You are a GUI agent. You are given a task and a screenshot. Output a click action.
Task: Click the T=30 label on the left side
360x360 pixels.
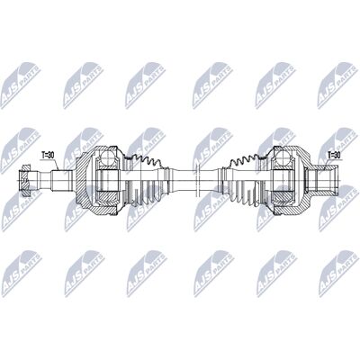pos(48,155)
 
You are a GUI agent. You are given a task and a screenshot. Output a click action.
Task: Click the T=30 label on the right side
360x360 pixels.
pos(335,155)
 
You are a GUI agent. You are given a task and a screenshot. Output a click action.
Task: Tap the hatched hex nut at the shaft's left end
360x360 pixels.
pos(24,180)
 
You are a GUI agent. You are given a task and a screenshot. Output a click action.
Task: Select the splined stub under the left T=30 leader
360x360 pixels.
pos(61,180)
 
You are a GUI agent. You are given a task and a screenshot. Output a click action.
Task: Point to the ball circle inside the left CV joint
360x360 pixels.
pos(106,157)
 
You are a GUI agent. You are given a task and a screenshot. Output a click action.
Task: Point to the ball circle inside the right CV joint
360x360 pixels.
pos(283,157)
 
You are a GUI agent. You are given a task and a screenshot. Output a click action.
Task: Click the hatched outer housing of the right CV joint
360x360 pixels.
pos(303,180)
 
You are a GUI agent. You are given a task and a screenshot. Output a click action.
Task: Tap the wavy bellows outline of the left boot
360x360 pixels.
pos(143,160)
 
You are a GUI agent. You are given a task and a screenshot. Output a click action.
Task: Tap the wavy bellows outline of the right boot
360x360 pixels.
pos(247,160)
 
